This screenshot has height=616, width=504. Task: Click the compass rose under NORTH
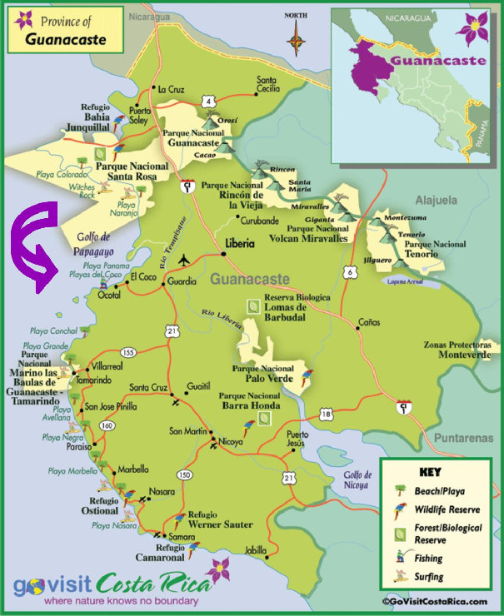point(296,37)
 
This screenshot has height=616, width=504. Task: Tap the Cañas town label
point(369,320)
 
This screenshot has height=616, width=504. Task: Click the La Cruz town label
point(170,89)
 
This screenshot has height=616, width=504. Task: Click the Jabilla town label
point(256,550)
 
